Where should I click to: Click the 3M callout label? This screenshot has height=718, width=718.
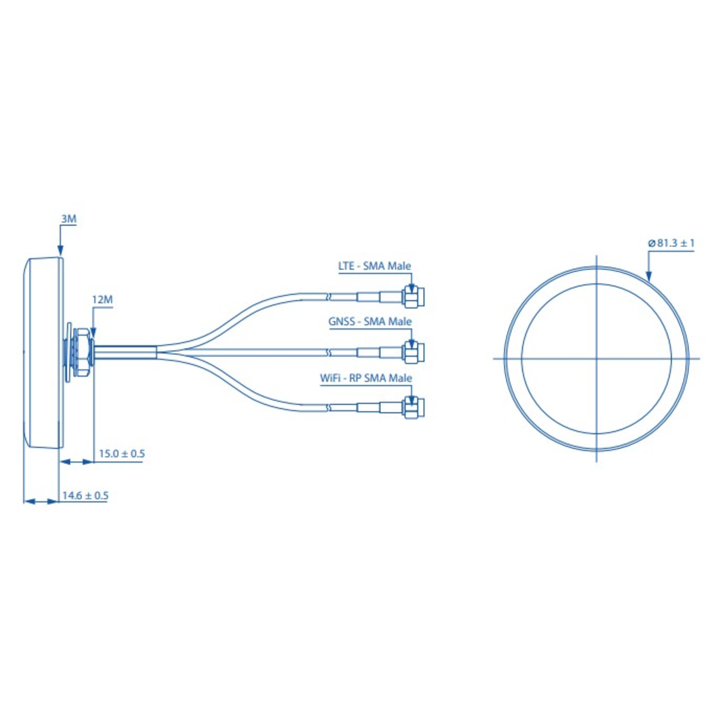(69, 219)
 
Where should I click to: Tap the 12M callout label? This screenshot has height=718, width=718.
(102, 299)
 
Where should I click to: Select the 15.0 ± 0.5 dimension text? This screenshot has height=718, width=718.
(122, 454)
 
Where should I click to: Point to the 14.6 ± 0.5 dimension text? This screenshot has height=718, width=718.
(85, 495)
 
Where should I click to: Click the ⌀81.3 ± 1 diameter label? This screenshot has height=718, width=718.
(671, 243)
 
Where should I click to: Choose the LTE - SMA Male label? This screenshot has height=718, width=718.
(374, 266)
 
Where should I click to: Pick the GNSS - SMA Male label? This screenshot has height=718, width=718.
(370, 322)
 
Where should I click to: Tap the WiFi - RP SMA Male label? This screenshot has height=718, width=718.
(366, 378)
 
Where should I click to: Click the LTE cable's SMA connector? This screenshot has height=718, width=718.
(414, 297)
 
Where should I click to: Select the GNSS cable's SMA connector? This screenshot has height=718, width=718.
(414, 352)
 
